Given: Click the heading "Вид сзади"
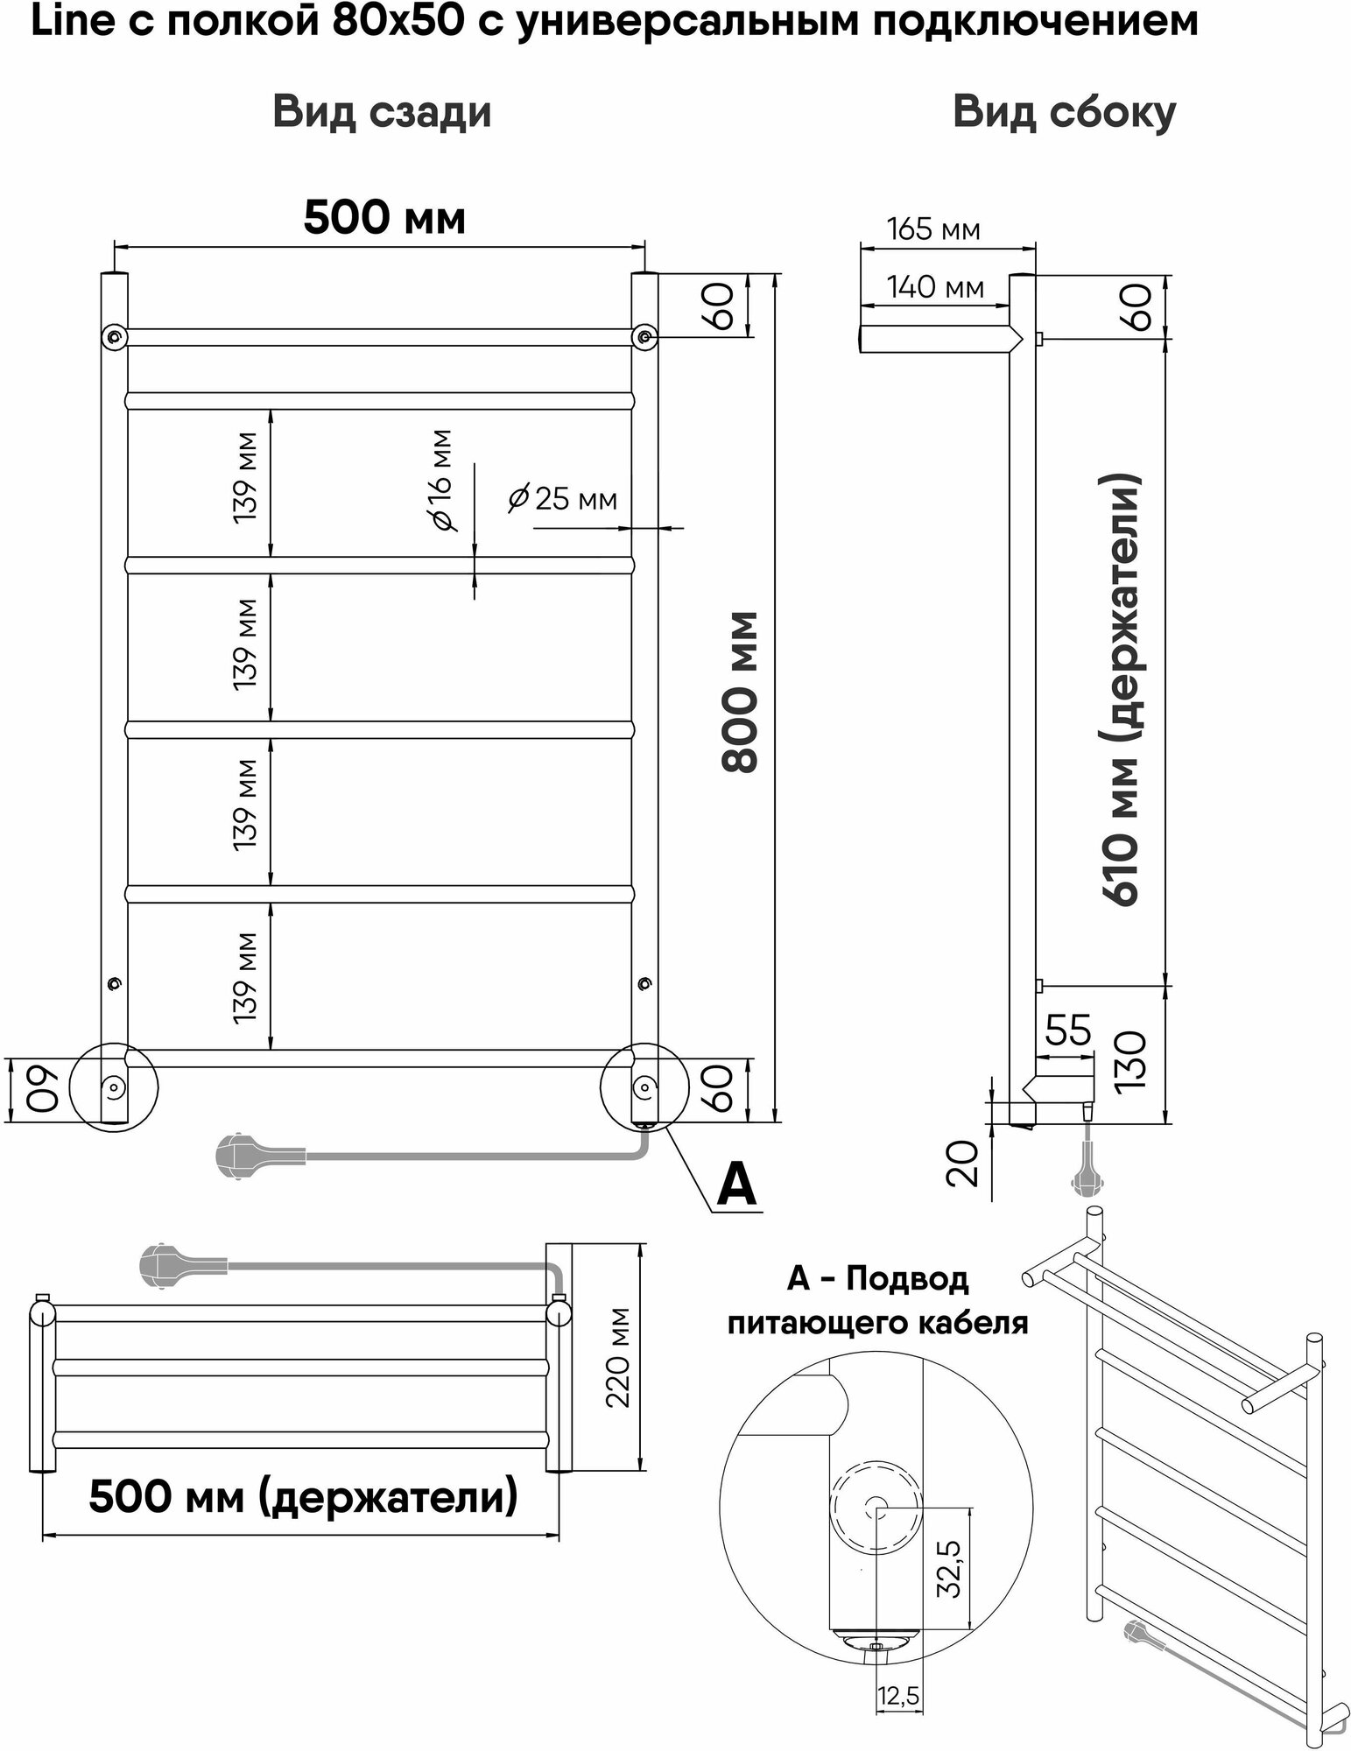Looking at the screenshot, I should click(382, 113).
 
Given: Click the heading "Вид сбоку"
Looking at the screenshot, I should click(1064, 113).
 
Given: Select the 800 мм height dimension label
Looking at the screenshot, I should click(741, 692).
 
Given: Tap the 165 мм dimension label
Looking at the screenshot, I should click(933, 229).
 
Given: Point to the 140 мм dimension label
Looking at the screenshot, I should click(935, 286).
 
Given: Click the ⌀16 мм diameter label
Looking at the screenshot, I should click(441, 479).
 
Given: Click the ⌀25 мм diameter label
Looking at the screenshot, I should click(563, 499).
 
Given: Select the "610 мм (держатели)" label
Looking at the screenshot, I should click(1122, 692).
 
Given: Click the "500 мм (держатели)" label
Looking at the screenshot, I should click(303, 1498).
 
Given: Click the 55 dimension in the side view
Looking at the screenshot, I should click(1067, 1030).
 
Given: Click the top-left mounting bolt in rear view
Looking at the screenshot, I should click(114, 336).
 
